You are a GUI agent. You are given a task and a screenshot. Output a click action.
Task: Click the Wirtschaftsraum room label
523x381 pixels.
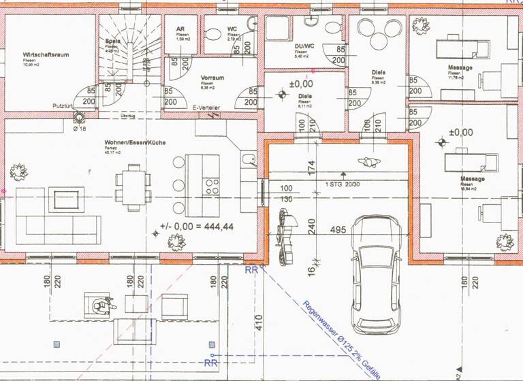[47, 54]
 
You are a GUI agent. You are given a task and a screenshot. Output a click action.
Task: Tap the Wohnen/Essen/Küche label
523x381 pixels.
[136, 142]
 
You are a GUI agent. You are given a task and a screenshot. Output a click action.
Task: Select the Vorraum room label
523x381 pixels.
[212, 78]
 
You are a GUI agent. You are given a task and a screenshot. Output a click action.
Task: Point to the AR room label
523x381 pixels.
[180, 29]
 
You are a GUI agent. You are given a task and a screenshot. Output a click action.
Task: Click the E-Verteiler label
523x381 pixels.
[206, 108]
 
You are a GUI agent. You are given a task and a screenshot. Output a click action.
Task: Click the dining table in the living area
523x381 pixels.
[133, 184]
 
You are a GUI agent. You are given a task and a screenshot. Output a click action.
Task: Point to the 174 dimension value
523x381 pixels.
[312, 166]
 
